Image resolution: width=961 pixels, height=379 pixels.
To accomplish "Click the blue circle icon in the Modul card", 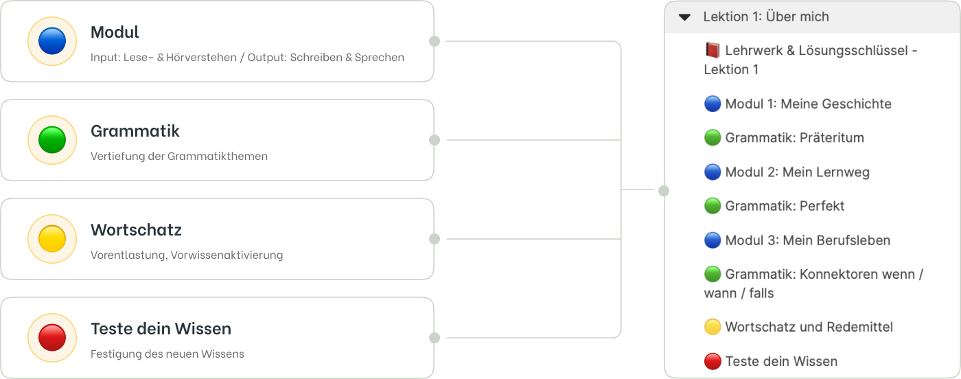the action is [x=52, y=41].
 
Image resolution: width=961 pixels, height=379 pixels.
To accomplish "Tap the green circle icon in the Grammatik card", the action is [x=52, y=140].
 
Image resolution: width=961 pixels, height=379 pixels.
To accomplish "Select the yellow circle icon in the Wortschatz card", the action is [x=52, y=239].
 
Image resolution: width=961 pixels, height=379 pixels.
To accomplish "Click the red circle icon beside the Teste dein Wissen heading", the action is [x=52, y=337].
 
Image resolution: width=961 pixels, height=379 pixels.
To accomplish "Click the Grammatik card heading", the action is [x=135, y=131].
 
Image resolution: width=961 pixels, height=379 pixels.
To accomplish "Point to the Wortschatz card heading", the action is [x=136, y=230].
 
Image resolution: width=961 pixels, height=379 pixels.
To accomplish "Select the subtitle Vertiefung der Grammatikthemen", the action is [x=179, y=157].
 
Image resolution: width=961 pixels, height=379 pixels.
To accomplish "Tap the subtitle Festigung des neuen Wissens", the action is [x=167, y=354].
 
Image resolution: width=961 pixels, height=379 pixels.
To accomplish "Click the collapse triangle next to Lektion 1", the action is [x=685, y=17].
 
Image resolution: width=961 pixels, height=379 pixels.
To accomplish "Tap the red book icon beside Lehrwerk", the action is [x=713, y=50].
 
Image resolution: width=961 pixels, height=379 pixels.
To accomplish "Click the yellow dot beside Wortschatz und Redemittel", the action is [x=713, y=327].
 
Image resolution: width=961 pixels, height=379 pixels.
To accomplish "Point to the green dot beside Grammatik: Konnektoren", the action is [x=713, y=274].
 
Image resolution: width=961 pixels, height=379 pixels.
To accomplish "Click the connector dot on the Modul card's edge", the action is [x=435, y=41].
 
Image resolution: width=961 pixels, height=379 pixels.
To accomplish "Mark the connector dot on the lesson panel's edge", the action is [x=664, y=191].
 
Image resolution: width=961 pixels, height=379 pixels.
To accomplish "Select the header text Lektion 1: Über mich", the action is [x=766, y=16].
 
